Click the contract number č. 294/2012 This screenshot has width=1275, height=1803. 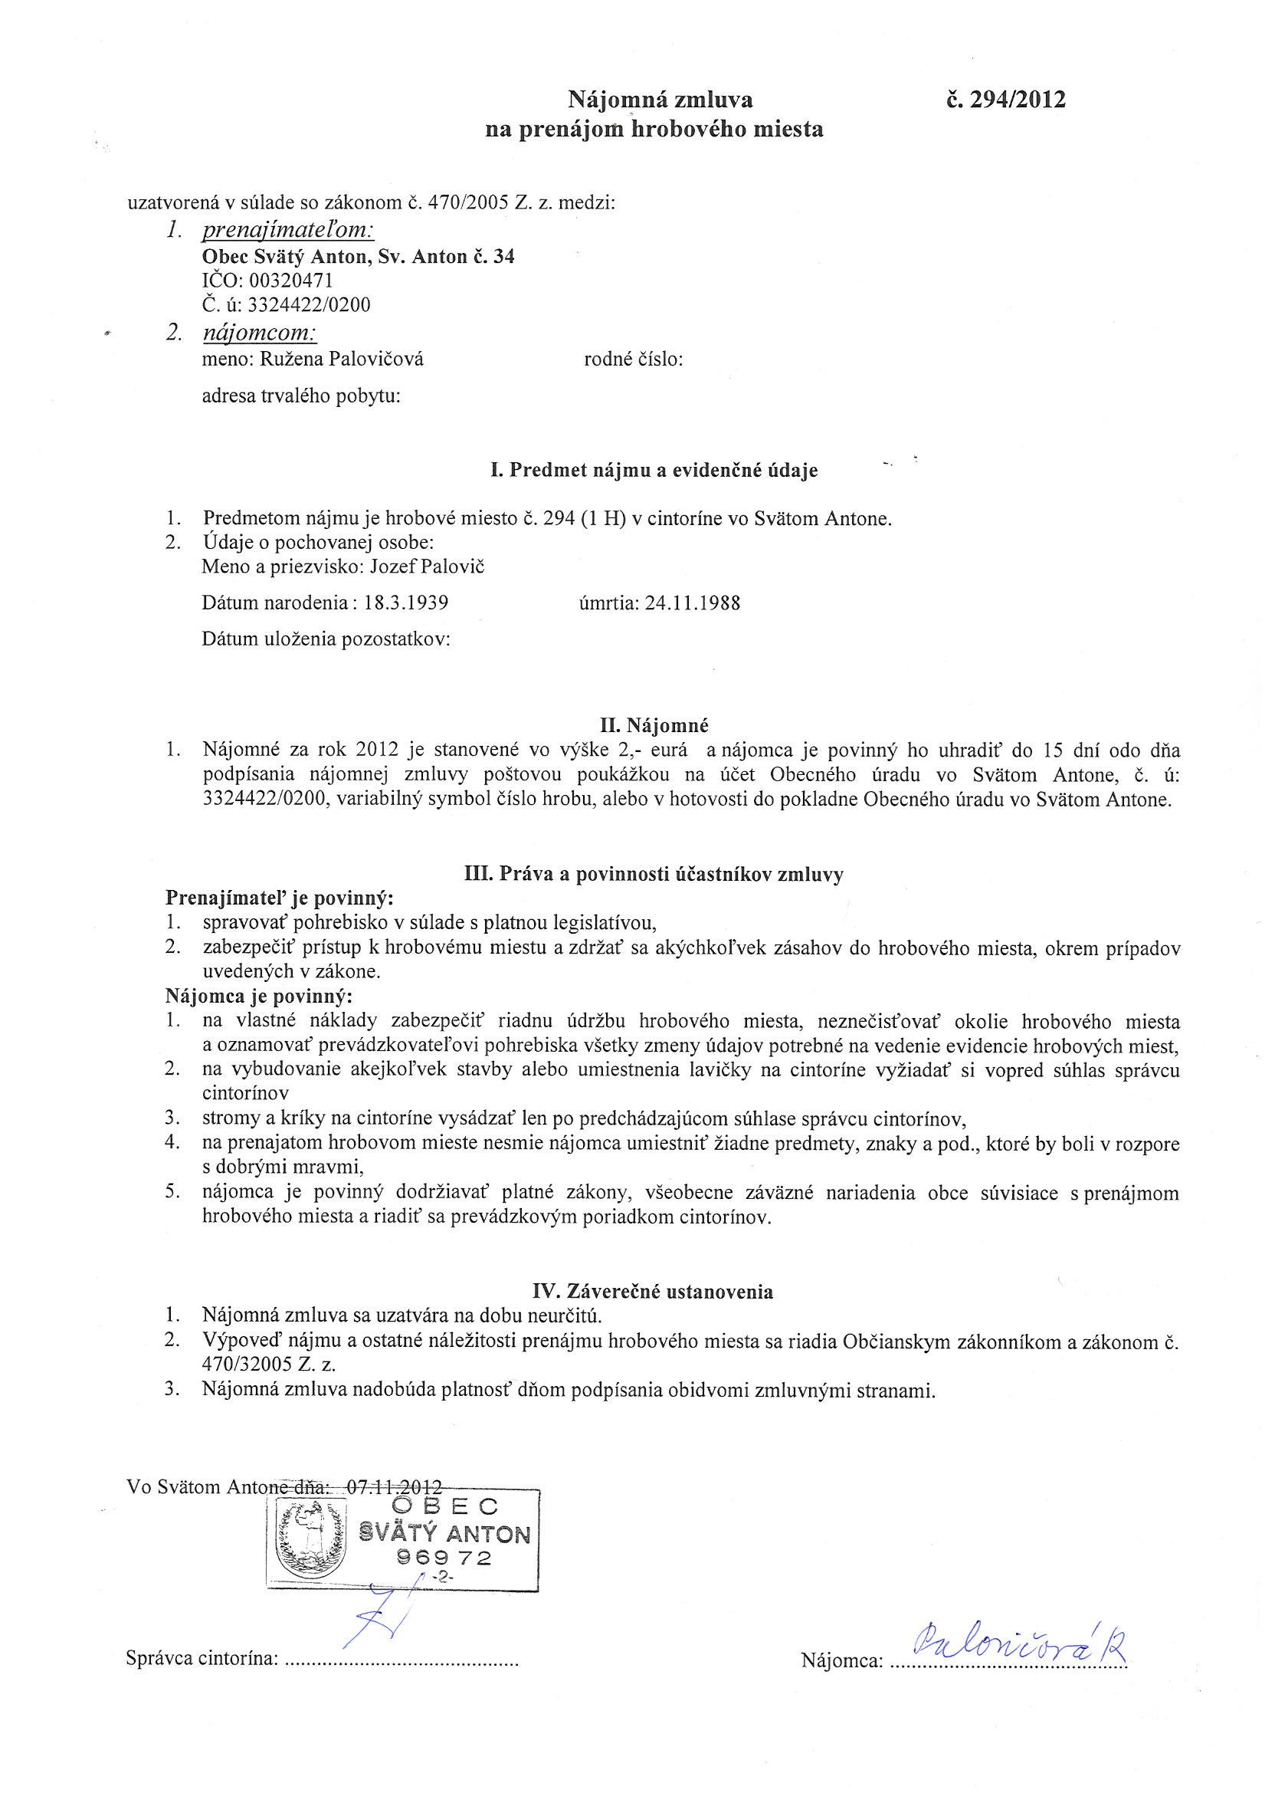1006,100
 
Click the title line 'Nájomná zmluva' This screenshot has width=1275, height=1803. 660,100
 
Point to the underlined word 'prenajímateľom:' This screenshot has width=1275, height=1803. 288,230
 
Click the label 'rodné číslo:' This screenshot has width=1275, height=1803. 633,360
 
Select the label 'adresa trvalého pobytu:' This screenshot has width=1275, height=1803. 301,396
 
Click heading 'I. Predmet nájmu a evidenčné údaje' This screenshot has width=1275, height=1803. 653,471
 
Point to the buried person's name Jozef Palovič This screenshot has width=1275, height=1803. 435,567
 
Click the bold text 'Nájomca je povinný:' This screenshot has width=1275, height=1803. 259,997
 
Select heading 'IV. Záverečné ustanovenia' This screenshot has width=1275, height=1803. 653,1292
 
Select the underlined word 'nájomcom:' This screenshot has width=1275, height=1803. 259,333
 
